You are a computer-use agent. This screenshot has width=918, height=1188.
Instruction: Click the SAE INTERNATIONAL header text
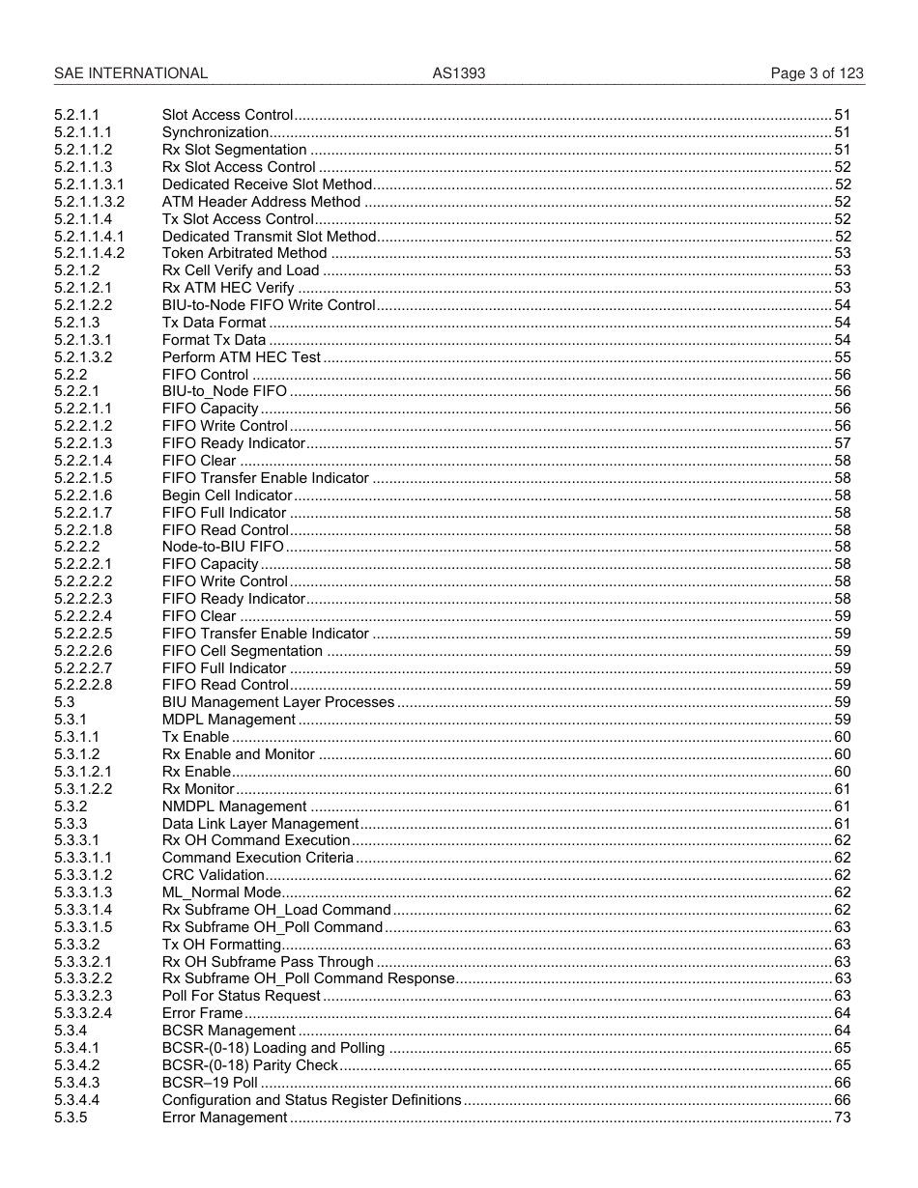click(130, 73)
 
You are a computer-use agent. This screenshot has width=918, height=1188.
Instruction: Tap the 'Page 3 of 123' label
click(817, 73)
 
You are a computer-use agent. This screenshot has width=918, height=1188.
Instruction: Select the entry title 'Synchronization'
click(215, 132)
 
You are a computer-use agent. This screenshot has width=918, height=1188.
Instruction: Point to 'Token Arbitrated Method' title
click(244, 254)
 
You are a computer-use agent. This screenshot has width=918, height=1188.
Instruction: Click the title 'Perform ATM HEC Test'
click(241, 357)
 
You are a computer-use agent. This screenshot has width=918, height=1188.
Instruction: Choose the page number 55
click(842, 357)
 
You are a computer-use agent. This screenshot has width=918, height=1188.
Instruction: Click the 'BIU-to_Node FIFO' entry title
click(224, 392)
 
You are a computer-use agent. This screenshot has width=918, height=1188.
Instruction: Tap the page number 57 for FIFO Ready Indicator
click(842, 443)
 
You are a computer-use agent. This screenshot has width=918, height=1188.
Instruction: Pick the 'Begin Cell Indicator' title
click(227, 495)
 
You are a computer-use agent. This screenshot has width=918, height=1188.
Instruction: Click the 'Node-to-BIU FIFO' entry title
click(223, 548)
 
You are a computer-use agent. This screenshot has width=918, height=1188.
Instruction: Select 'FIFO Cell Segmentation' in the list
click(242, 651)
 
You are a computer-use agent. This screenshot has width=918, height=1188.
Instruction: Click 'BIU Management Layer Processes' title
click(278, 703)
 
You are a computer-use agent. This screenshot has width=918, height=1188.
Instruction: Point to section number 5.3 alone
click(64, 703)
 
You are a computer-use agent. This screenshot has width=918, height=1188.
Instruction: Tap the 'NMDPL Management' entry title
click(234, 806)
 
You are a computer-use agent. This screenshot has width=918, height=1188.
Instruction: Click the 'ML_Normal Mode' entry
click(221, 892)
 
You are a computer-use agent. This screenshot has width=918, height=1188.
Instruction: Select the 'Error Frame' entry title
click(202, 1013)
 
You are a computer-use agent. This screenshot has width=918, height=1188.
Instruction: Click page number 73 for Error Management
click(842, 1117)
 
